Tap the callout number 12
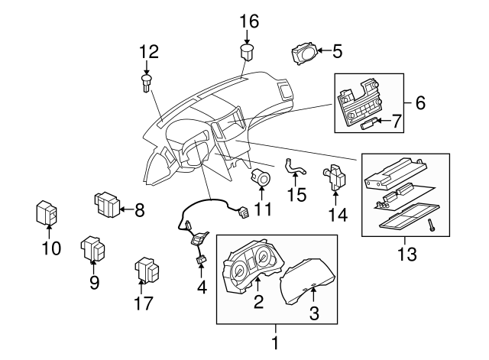149,52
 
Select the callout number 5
337,52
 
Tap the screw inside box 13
431,225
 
